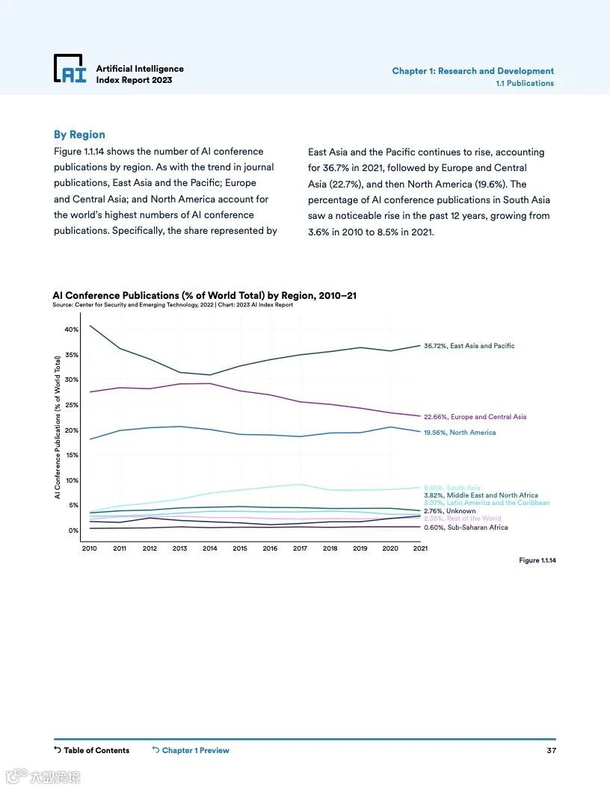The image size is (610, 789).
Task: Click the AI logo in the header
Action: (70, 69)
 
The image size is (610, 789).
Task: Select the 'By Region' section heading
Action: (79, 134)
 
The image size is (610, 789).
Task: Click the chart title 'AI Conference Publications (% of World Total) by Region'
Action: (204, 295)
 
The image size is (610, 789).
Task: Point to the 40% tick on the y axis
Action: (71, 329)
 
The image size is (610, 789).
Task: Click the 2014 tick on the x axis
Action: (210, 548)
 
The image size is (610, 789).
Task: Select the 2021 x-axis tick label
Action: (419, 548)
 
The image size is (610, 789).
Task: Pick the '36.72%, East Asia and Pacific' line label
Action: (469, 346)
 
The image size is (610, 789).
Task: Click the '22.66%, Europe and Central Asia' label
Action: (475, 417)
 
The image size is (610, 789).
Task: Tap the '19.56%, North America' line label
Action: (459, 433)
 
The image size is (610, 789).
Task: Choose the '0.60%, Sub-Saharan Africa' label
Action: (465, 527)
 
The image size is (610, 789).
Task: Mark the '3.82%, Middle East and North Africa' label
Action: (481, 495)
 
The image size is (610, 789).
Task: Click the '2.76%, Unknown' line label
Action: (449, 511)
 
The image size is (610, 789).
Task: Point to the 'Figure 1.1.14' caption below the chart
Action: (537, 560)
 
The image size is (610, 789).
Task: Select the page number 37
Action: (551, 750)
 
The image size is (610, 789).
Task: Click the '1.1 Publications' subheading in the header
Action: (525, 83)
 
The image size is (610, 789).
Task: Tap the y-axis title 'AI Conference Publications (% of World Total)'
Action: (57, 427)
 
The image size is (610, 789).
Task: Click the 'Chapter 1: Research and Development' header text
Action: (472, 71)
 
